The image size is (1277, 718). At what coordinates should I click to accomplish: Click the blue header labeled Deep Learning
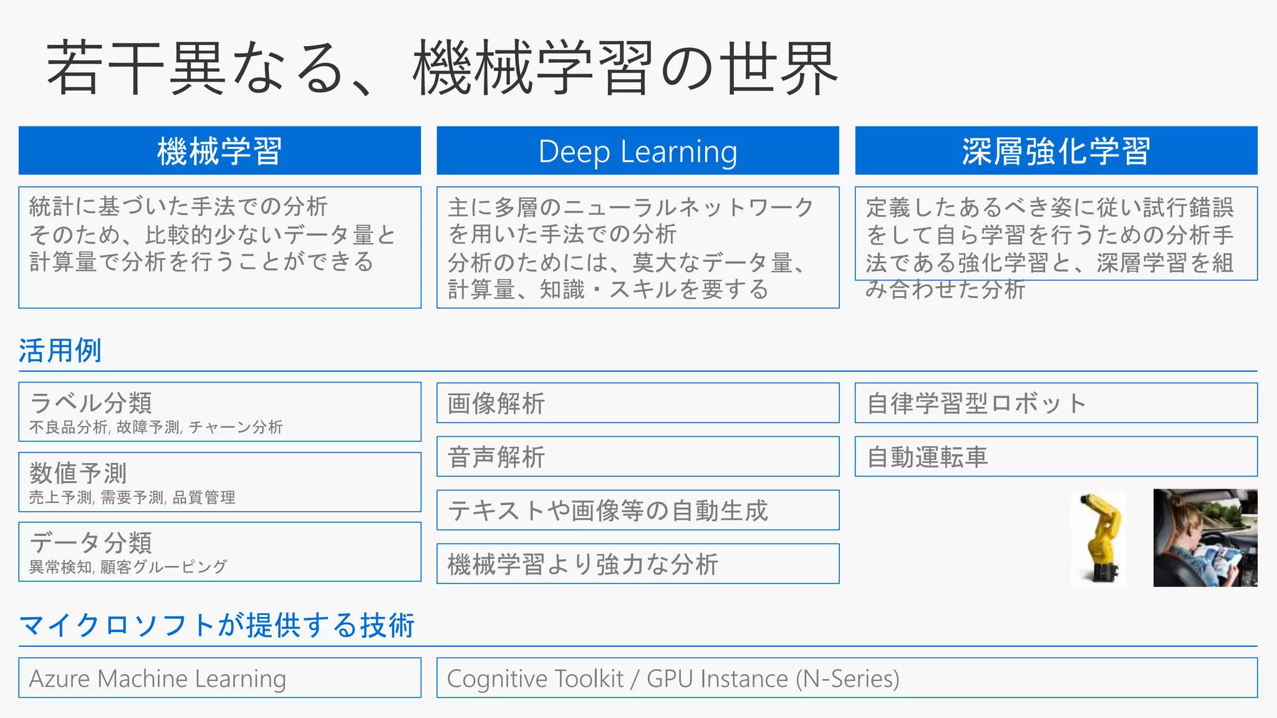[637, 151]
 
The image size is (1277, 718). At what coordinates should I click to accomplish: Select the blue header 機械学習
[219, 151]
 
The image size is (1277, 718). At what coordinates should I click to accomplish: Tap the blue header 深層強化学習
[1056, 151]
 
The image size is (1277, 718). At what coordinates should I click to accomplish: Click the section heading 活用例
[60, 350]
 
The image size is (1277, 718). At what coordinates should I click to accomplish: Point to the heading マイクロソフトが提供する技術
[217, 625]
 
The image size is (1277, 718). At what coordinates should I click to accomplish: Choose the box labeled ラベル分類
[219, 412]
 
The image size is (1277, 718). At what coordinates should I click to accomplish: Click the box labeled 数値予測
[219, 482]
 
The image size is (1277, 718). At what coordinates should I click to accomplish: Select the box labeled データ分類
[219, 552]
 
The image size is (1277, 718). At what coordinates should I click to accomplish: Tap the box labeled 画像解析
[637, 403]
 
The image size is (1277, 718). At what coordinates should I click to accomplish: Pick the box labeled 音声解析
[637, 457]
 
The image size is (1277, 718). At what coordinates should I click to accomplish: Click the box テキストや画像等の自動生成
[637, 510]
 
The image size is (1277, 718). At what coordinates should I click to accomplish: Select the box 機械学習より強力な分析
[637, 564]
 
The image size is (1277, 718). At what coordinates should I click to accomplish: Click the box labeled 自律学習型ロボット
[1056, 403]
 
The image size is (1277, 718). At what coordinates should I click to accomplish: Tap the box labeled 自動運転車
[1056, 457]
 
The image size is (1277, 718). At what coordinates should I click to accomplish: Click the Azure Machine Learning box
[219, 678]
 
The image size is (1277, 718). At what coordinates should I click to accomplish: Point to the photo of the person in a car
[1205, 538]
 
